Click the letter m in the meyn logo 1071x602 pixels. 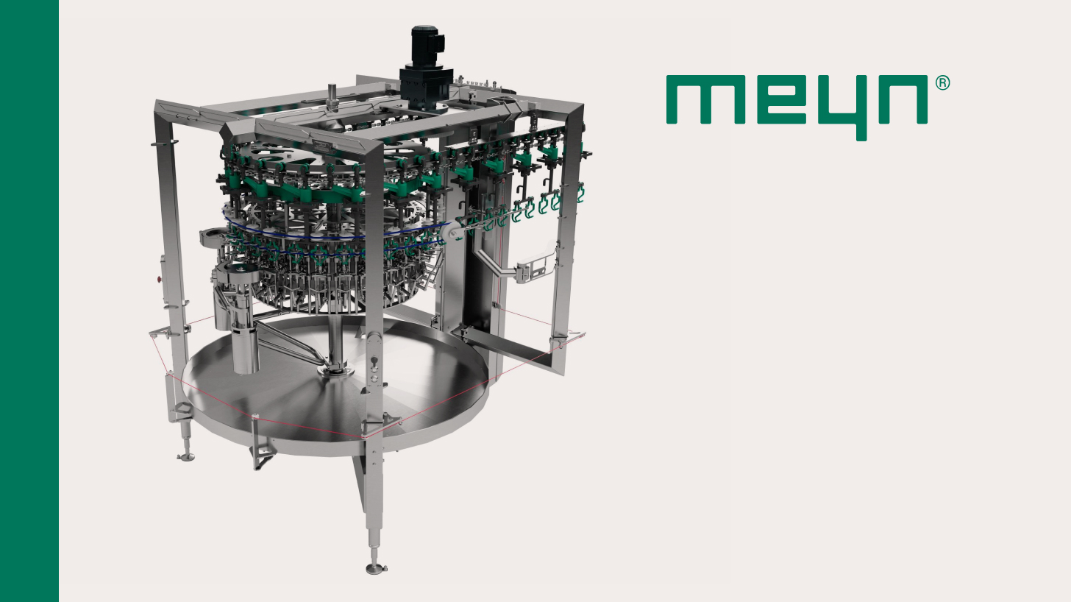[705, 99]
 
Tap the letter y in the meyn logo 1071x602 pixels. [843, 107]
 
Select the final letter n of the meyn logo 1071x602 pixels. [903, 99]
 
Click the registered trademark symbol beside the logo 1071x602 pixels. [942, 83]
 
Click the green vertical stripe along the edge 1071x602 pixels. [29, 301]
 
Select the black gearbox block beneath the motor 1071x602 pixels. [425, 88]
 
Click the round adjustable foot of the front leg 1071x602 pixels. [377, 569]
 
